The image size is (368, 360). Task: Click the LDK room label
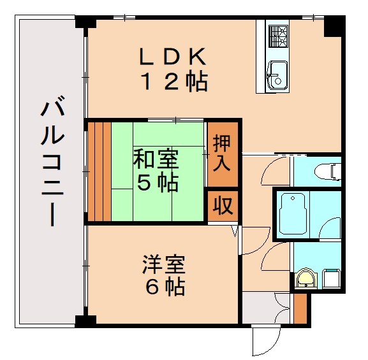pos(173,57)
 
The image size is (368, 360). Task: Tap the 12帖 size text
pos(173,82)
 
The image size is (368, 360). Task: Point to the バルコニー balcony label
pos(50,162)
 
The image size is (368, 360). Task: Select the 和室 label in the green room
pos(156,158)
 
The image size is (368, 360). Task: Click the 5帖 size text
pos(157,183)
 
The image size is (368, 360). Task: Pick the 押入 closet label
pos(221,152)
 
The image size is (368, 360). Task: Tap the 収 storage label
pos(221,205)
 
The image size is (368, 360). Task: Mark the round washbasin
pos(305,278)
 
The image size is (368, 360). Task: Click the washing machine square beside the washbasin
pos(330,278)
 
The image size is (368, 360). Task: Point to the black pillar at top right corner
pos(332,26)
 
